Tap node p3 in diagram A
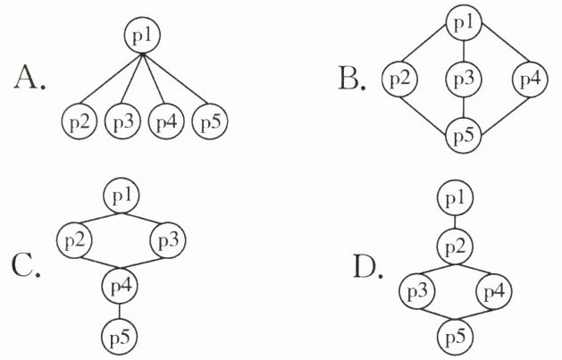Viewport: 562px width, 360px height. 122,120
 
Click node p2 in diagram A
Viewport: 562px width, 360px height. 80,120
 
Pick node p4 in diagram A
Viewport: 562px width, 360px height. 166,120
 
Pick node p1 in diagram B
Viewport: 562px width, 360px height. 463,24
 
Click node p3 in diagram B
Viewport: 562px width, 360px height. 463,80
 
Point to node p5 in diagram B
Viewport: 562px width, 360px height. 463,137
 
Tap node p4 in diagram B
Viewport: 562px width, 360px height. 529,80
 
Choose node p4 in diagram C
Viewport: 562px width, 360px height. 122,287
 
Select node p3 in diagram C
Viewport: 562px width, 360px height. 169,239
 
